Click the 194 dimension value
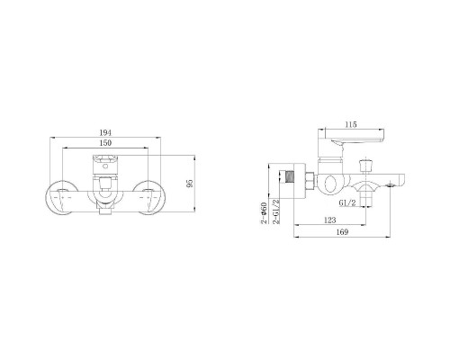pyautogui.click(x=105, y=132)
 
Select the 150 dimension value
pyautogui.click(x=105, y=143)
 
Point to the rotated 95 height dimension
pyautogui.click(x=189, y=184)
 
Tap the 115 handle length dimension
pyautogui.click(x=351, y=124)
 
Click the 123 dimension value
pyautogui.click(x=330, y=220)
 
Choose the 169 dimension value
pyautogui.click(x=342, y=232)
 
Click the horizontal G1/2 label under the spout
pyautogui.click(x=347, y=203)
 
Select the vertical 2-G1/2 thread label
pyautogui.click(x=276, y=211)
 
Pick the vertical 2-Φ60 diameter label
pyautogui.click(x=264, y=213)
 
